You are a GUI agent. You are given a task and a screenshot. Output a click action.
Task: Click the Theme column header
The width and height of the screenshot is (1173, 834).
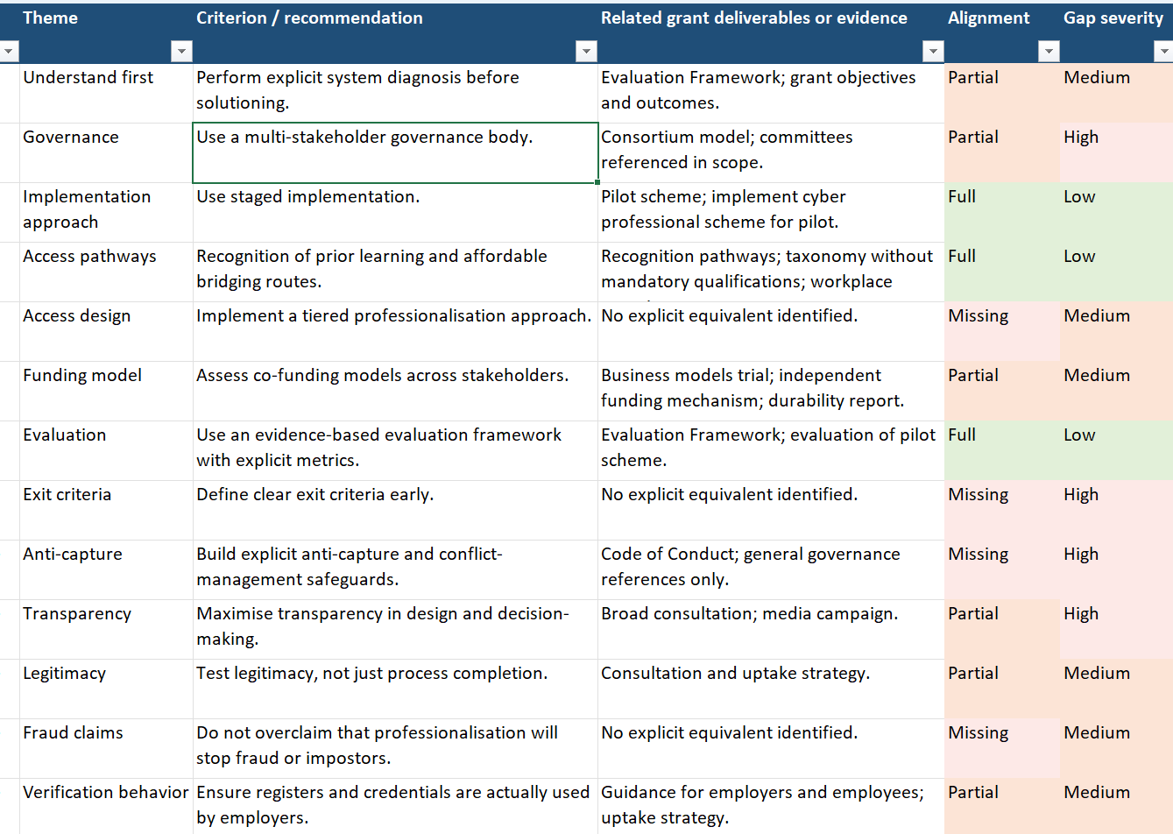pyautogui.click(x=51, y=18)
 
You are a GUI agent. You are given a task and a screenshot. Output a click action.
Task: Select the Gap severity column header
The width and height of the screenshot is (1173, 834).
pyautogui.click(x=1113, y=18)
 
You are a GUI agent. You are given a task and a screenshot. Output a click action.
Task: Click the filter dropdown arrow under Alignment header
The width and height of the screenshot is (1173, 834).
pyautogui.click(x=1048, y=52)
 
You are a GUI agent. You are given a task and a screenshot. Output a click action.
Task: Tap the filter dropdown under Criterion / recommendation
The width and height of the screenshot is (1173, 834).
pyautogui.click(x=586, y=52)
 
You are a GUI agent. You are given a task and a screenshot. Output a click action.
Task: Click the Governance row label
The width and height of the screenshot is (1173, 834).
pyautogui.click(x=71, y=138)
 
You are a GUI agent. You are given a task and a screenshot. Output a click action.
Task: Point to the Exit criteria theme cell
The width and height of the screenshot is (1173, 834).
pyautogui.click(x=67, y=495)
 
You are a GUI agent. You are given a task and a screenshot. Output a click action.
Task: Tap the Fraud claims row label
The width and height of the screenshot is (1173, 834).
pyautogui.click(x=74, y=733)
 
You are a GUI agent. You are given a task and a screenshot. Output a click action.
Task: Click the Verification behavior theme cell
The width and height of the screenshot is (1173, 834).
pyautogui.click(x=105, y=793)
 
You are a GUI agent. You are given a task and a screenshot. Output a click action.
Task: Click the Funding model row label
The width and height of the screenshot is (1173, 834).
pyautogui.click(x=82, y=376)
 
